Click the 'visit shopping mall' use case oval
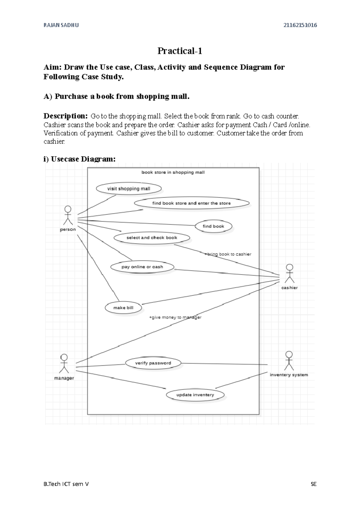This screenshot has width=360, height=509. click(x=129, y=189)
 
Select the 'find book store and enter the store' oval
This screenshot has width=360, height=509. click(x=191, y=203)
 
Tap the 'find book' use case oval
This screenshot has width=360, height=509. click(x=213, y=226)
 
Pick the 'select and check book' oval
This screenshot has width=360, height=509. click(x=152, y=238)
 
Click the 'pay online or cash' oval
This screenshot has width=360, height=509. click(x=142, y=267)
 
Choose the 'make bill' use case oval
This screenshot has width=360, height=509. click(x=123, y=308)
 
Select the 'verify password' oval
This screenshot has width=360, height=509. click(x=153, y=363)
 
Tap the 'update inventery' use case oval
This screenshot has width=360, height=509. click(x=195, y=395)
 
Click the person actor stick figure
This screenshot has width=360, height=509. click(x=68, y=216)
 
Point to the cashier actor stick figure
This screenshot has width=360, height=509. click(x=289, y=274)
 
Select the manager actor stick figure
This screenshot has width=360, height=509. click(x=64, y=364)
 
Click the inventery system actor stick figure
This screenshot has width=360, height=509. click(x=289, y=361)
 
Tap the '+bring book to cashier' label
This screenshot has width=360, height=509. click(x=228, y=254)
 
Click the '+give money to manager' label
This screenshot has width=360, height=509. click(x=175, y=317)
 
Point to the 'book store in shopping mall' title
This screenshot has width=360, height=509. click(x=173, y=172)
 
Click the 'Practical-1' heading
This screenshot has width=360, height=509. click(x=180, y=51)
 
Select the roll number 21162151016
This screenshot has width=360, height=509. click(x=300, y=25)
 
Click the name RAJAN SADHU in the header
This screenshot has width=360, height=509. click(x=61, y=25)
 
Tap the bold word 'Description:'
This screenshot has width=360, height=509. click(x=65, y=116)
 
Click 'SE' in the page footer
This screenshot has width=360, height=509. click(x=313, y=484)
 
